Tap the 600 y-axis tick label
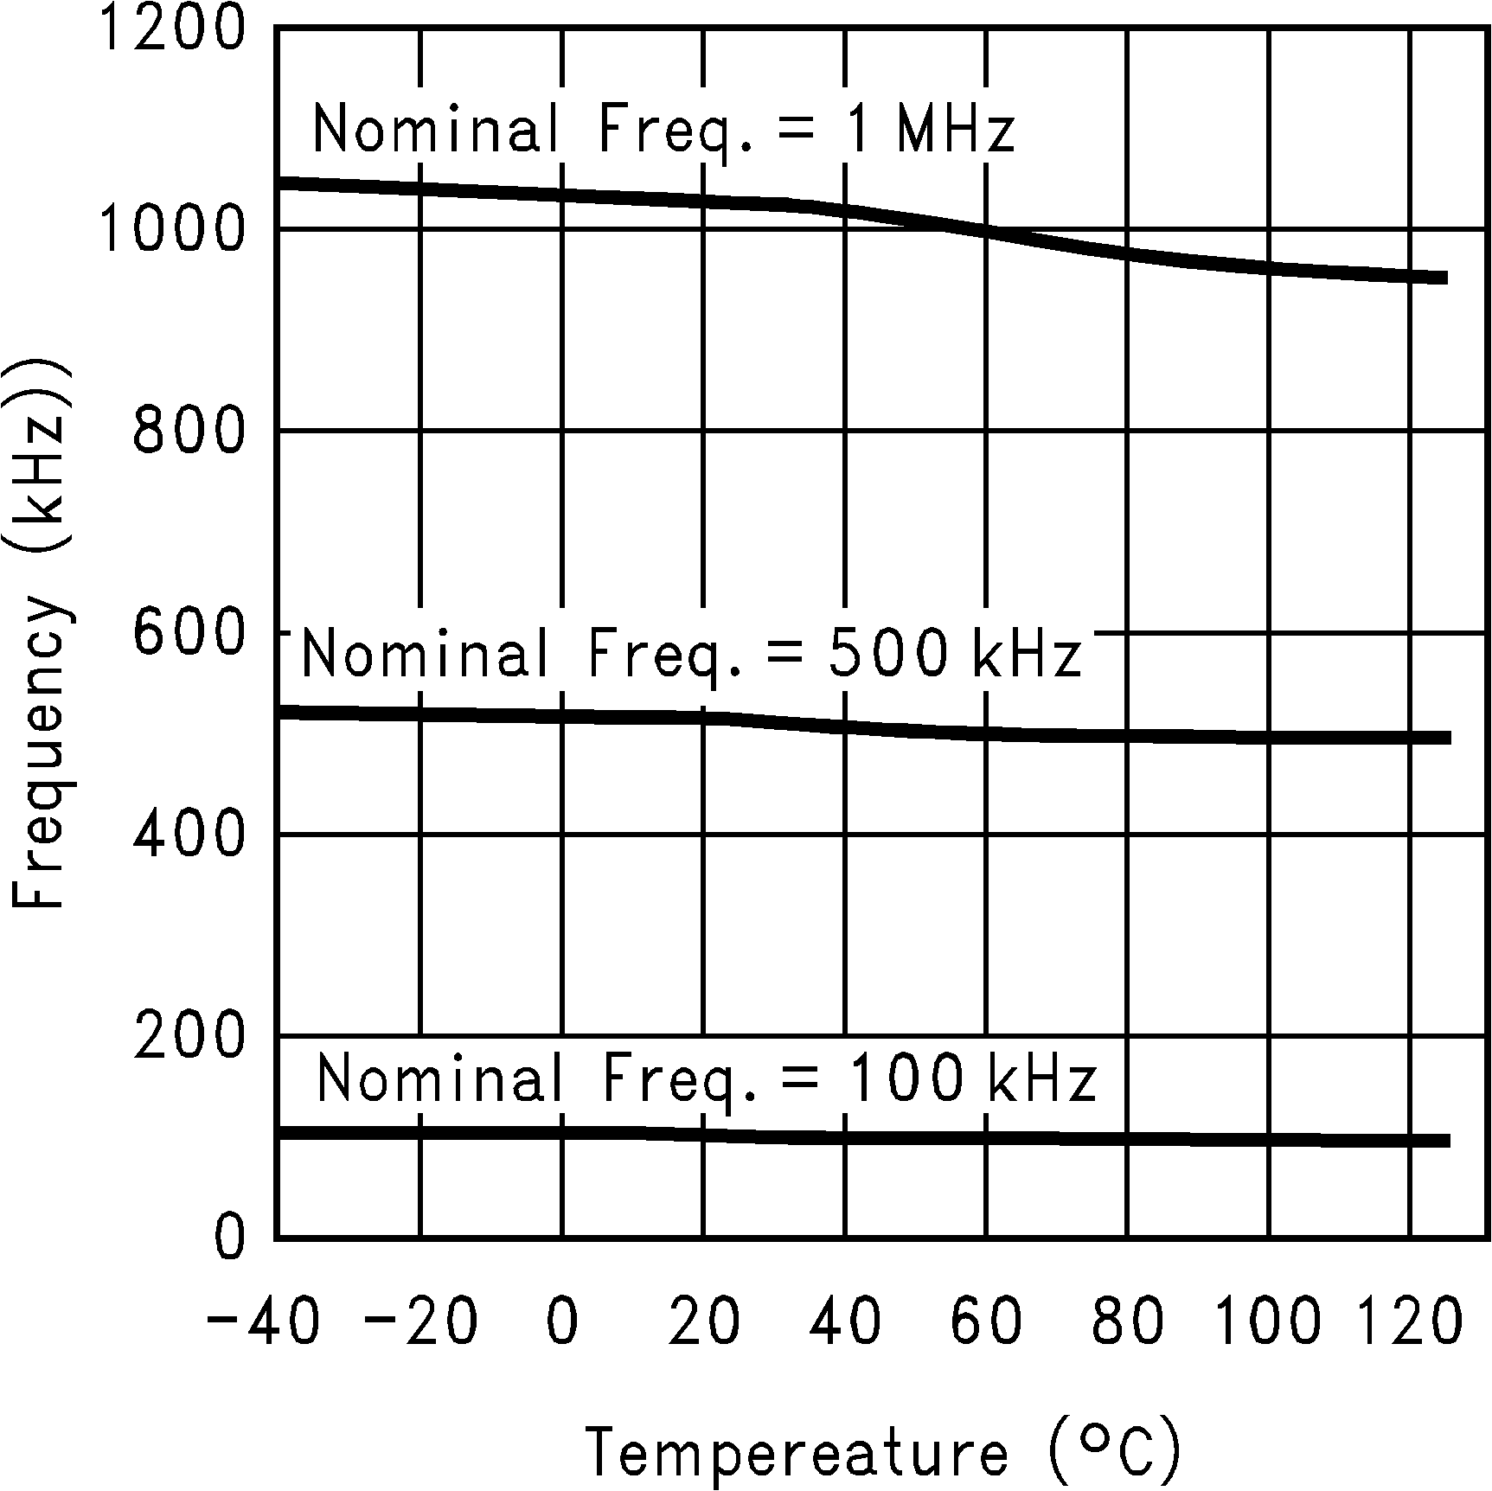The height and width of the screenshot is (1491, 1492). tap(188, 632)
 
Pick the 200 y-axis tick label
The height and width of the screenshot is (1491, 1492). tap(188, 1035)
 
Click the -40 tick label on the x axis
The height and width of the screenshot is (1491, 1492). tap(263, 1321)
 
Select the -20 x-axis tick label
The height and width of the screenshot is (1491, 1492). tap(419, 1321)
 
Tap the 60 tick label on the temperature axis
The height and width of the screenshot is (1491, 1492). tap(986, 1321)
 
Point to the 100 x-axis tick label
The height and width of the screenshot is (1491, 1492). tap(1268, 1321)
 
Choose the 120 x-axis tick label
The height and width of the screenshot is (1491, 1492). tap(1409, 1321)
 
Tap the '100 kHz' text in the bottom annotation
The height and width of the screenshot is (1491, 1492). tap(970, 1078)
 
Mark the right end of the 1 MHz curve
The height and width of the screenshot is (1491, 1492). tap(1445, 278)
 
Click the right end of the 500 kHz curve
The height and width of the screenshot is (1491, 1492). tap(1447, 738)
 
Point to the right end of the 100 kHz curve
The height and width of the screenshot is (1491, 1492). tap(1446, 1141)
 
